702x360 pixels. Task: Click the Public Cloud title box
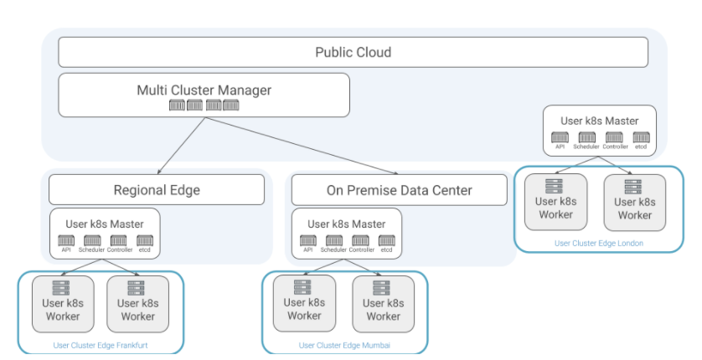353,53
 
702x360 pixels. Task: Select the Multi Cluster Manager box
204,95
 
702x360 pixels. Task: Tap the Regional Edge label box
157,190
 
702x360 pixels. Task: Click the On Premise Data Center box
399,190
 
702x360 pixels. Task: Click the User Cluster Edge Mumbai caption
344,345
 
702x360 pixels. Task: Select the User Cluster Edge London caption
598,244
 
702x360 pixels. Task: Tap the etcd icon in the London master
641,137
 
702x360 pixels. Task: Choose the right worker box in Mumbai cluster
383,303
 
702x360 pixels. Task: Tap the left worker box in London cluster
555,202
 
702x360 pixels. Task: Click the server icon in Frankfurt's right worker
137,287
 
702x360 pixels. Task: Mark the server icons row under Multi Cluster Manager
204,105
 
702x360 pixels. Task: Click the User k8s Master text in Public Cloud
598,121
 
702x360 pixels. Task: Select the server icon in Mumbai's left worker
303,287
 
